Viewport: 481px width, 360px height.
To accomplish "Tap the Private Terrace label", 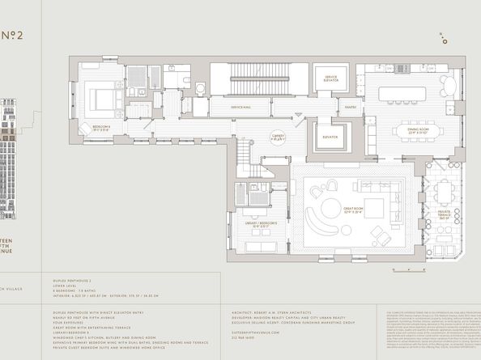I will click(x=444, y=216).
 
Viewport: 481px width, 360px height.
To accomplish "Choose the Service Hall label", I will click(x=240, y=107).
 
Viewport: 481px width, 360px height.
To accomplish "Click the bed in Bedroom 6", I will click(x=104, y=99).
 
